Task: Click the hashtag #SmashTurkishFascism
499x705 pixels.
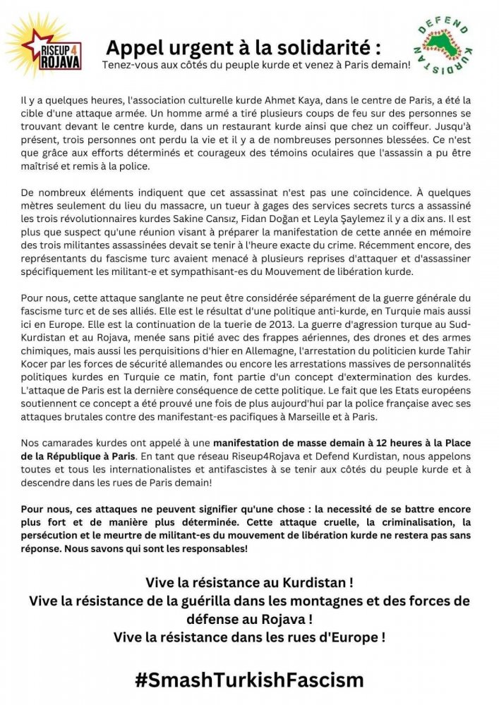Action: pos(249,680)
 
